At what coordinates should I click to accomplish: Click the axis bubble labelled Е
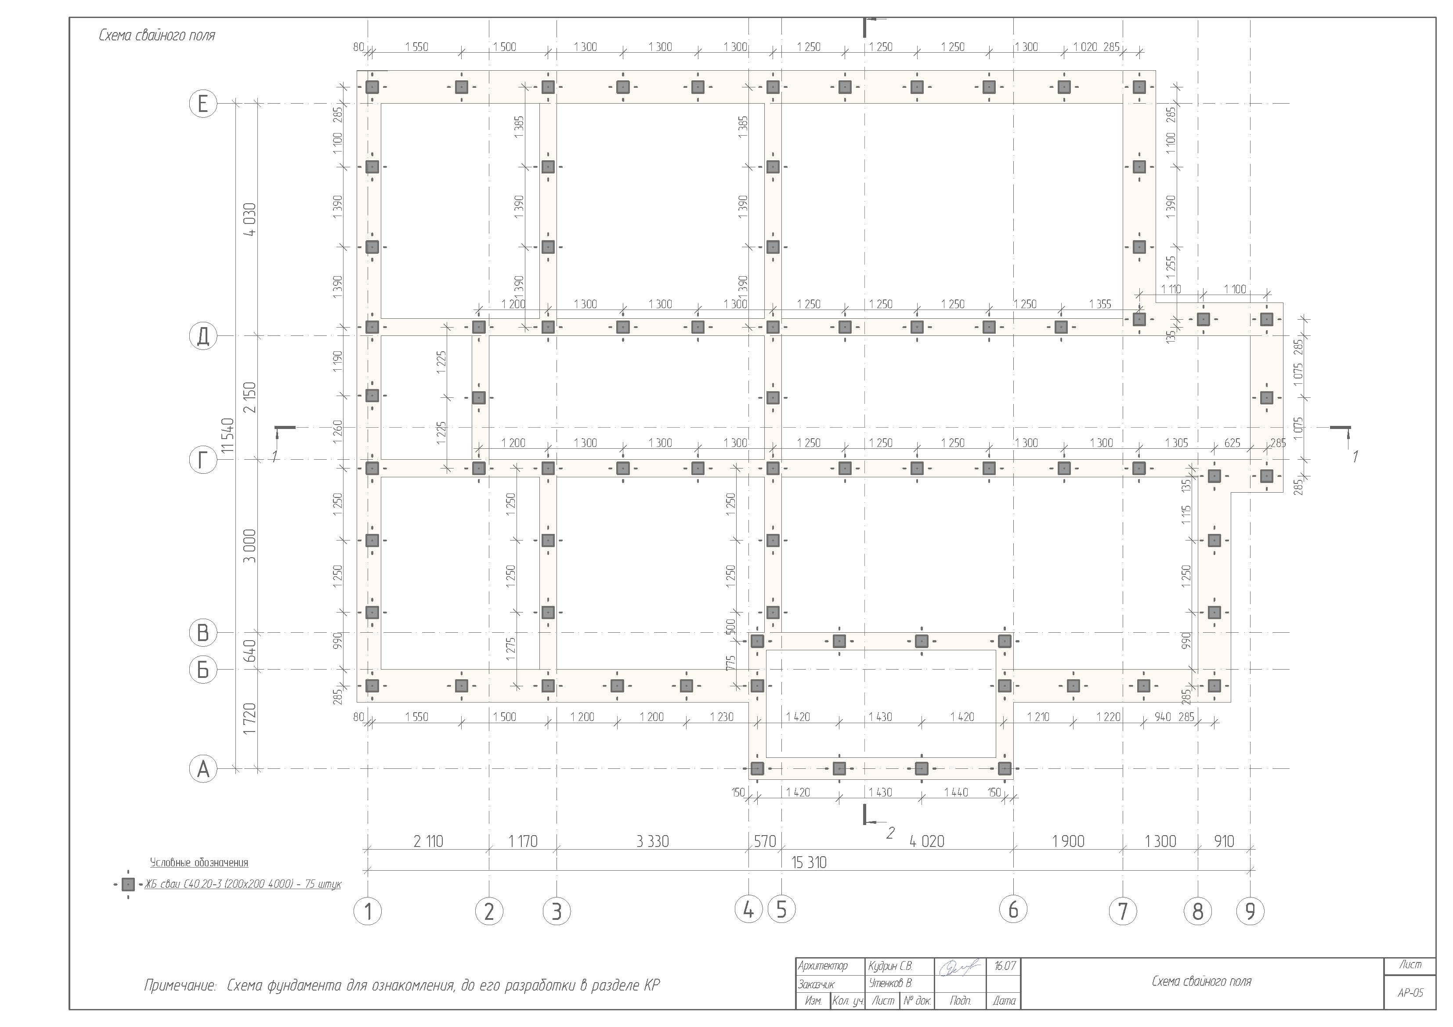tap(203, 103)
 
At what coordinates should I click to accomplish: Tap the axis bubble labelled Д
tap(203, 336)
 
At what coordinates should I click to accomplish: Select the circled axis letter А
tap(203, 769)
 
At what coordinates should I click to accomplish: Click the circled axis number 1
tap(368, 912)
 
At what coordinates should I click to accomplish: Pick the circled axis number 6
tap(1013, 909)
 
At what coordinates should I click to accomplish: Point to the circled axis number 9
tap(1250, 912)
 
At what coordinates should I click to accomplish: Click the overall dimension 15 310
tap(809, 862)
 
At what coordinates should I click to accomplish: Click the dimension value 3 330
tap(652, 842)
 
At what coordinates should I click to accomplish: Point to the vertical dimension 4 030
tap(251, 219)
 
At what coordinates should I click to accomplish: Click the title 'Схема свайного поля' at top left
tap(157, 36)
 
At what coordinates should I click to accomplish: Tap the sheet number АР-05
tap(1410, 993)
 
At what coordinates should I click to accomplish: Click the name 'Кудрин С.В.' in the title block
tap(890, 966)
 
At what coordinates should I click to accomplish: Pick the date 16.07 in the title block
tap(1005, 966)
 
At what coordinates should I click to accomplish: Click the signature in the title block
tap(959, 968)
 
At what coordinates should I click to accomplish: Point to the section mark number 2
tap(890, 833)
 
